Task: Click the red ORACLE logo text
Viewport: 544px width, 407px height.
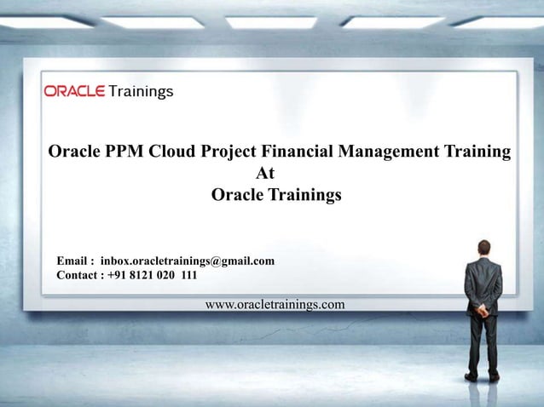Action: pos(74,90)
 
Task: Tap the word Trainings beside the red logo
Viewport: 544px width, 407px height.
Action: pos(141,90)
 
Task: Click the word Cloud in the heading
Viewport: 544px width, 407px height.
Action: pos(173,152)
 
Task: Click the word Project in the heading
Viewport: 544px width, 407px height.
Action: pos(229,152)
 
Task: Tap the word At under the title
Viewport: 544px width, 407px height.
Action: pos(265,174)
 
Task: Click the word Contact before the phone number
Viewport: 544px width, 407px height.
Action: pos(79,275)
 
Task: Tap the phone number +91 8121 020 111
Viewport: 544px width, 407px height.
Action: pos(153,275)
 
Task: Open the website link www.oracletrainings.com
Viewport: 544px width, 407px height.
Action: pos(275,304)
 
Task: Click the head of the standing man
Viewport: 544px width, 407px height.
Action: pos(484,248)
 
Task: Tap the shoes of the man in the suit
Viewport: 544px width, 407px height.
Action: pos(482,375)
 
